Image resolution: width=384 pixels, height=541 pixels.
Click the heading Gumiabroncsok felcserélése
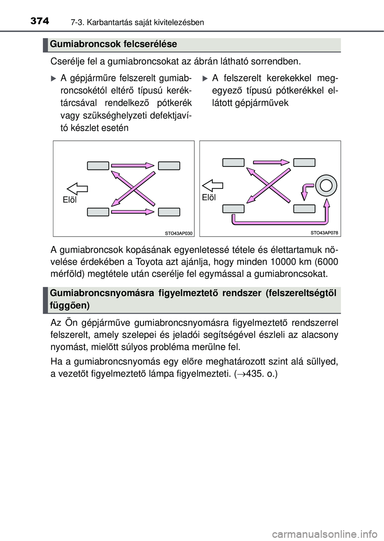(114, 44)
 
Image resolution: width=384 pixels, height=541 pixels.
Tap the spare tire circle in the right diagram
(326, 185)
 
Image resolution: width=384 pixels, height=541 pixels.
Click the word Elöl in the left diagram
(70, 200)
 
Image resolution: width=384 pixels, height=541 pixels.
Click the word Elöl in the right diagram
(209, 197)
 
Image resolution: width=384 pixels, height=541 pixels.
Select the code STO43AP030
(179, 233)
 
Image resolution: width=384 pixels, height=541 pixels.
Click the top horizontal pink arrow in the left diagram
(133, 165)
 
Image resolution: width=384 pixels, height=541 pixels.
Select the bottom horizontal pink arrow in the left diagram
(133, 212)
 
